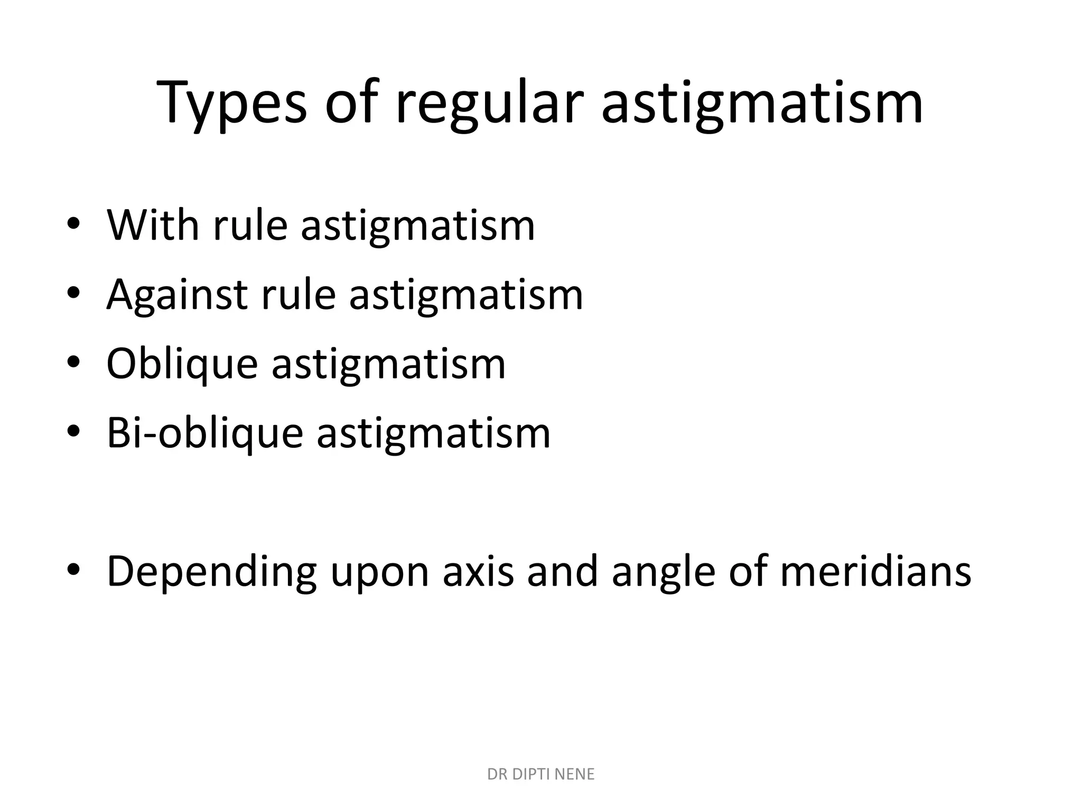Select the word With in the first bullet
tap(153, 225)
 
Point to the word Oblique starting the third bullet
tap(182, 364)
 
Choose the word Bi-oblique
tap(204, 433)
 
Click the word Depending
tap(211, 572)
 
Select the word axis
tap(478, 571)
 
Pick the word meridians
tap(875, 571)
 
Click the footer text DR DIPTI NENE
tap(540, 774)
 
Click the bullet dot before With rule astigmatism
tap(73, 225)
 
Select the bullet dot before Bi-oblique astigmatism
tap(73, 432)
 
